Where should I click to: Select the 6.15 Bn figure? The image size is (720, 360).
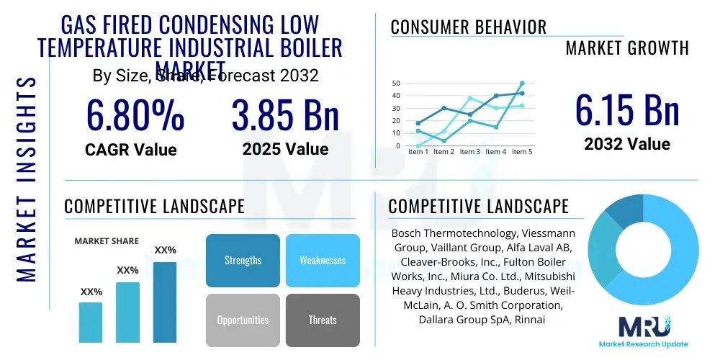pyautogui.click(x=626, y=110)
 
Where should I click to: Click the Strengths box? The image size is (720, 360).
pyautogui.click(x=243, y=260)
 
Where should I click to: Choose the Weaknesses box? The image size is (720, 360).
pyautogui.click(x=322, y=260)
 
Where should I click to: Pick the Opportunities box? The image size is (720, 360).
pyautogui.click(x=243, y=320)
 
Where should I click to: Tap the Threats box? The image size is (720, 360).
pyautogui.click(x=322, y=320)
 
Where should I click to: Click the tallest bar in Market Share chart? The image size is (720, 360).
pyautogui.click(x=165, y=302)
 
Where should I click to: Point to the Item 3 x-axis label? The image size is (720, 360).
pyautogui.click(x=469, y=152)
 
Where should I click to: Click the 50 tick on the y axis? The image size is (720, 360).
pyautogui.click(x=396, y=84)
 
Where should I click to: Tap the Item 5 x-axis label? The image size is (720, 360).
pyautogui.click(x=521, y=152)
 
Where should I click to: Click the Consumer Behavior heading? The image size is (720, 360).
pyautogui.click(x=468, y=27)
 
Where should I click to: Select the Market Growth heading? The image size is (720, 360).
pyautogui.click(x=626, y=48)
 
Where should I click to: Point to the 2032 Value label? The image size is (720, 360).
pyautogui.click(x=626, y=144)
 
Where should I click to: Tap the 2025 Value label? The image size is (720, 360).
pyautogui.click(x=285, y=149)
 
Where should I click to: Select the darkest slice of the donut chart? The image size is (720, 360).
pyautogui.click(x=620, y=212)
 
